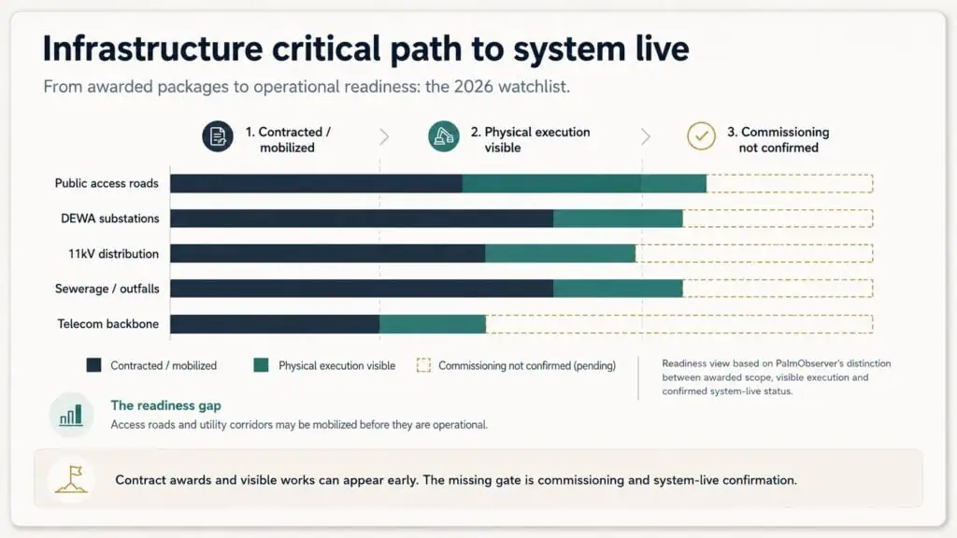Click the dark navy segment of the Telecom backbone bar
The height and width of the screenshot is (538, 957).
tap(275, 324)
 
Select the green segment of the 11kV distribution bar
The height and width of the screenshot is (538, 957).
tap(561, 253)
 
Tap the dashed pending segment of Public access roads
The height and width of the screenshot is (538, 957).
tap(790, 183)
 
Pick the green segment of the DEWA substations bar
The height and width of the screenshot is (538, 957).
tap(618, 219)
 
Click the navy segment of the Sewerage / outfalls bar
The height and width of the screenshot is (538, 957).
tap(362, 289)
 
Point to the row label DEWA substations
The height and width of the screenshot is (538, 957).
tap(110, 219)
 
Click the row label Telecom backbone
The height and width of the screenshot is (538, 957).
tap(108, 324)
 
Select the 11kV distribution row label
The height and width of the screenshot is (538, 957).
tap(113, 254)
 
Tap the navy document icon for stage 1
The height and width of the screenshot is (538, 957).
tap(218, 136)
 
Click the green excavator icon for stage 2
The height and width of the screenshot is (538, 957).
tap(444, 136)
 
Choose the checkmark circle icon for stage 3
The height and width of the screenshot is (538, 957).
tap(701, 136)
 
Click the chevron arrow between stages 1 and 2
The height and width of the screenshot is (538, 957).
tap(384, 136)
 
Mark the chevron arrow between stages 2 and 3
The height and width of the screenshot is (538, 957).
tap(646, 136)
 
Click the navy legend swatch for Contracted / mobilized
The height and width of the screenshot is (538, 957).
tap(94, 365)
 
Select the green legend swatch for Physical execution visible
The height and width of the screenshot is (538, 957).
tap(262, 365)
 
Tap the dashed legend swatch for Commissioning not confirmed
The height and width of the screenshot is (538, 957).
tap(423, 365)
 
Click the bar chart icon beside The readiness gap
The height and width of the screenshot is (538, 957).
tap(71, 416)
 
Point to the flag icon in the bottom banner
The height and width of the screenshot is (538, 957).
tap(71, 479)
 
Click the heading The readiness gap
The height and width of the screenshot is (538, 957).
tap(166, 405)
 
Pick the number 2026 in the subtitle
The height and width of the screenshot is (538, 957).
tap(473, 87)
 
